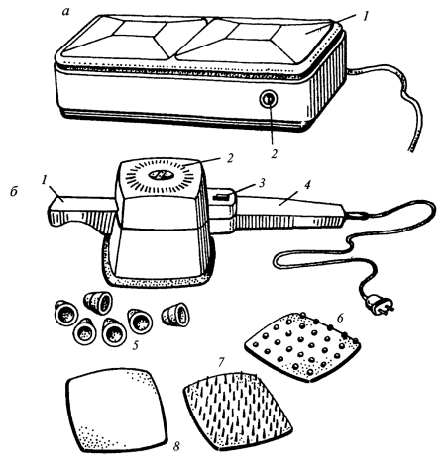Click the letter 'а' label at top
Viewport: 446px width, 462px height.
[x=66, y=12]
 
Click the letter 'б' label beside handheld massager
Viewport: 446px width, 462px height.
[x=14, y=191]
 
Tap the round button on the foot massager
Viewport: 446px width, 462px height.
[x=268, y=99]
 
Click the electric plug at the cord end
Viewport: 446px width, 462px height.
[x=380, y=305]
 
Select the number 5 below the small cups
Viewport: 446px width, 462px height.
[x=135, y=345]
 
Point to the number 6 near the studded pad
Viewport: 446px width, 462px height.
[x=340, y=318]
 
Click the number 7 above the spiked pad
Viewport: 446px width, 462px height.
[x=221, y=362]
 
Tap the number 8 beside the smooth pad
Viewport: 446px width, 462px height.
[x=177, y=446]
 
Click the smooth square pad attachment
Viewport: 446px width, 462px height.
[x=116, y=411]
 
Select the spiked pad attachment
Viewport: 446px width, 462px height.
[x=238, y=411]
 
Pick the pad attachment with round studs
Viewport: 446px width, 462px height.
[x=302, y=346]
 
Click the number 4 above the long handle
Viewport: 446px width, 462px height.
[x=307, y=185]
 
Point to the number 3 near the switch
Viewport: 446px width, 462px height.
[x=262, y=184]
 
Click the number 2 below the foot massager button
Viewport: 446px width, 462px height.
[x=274, y=154]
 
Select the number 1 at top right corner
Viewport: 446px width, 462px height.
[x=365, y=16]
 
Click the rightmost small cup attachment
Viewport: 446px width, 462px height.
[x=175, y=315]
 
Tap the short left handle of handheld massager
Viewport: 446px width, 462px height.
[x=82, y=213]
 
